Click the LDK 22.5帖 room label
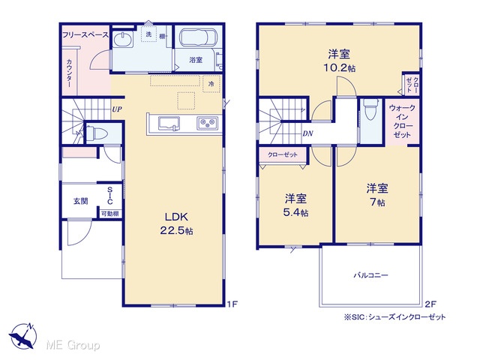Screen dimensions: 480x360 click(x=177, y=223)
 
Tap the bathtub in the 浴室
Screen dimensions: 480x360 click(x=198, y=38)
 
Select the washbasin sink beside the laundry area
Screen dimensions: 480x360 click(x=123, y=40)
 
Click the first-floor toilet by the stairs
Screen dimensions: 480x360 click(x=97, y=133)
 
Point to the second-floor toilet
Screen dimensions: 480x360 click(x=370, y=110)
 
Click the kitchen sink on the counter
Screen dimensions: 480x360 click(x=169, y=124)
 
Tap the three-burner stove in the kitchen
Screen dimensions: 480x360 click(x=208, y=124)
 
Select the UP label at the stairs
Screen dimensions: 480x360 click(x=117, y=109)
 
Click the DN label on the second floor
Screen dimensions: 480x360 click(x=307, y=133)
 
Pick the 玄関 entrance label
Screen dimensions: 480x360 click(x=80, y=201)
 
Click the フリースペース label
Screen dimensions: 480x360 click(x=85, y=35)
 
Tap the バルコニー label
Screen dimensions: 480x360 click(x=370, y=275)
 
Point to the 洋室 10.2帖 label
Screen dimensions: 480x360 click(x=339, y=61)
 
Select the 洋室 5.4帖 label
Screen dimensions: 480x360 click(x=295, y=205)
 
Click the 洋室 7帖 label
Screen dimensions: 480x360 click(x=377, y=195)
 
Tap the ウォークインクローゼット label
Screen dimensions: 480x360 click(x=402, y=121)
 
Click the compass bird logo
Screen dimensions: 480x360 click(x=22, y=336)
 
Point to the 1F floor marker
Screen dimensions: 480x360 click(x=232, y=304)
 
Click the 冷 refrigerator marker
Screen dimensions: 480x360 click(x=211, y=83)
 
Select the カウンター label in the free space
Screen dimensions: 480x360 click(x=70, y=73)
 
